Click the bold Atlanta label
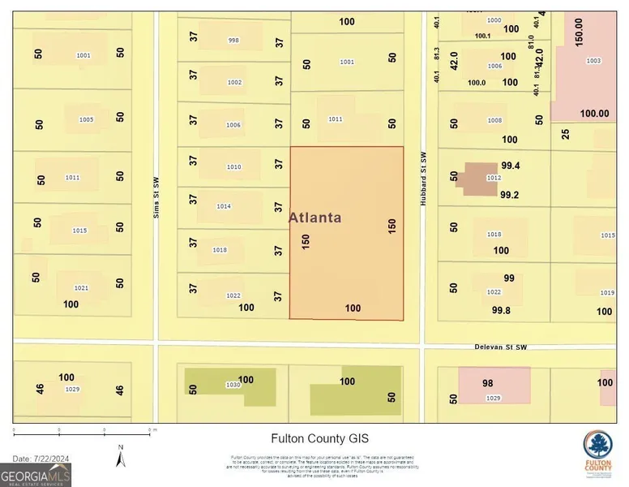pos(315,218)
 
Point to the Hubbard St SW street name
pos(423,180)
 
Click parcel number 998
pos(233,41)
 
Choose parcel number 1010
pos(233,167)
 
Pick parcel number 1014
pos(224,206)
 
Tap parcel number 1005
pos(86,120)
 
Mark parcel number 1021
pos(81,288)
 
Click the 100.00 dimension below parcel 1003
pos(593,114)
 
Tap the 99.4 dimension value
pos(510,166)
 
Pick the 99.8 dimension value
pos(502,310)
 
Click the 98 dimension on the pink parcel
pos(487,383)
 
